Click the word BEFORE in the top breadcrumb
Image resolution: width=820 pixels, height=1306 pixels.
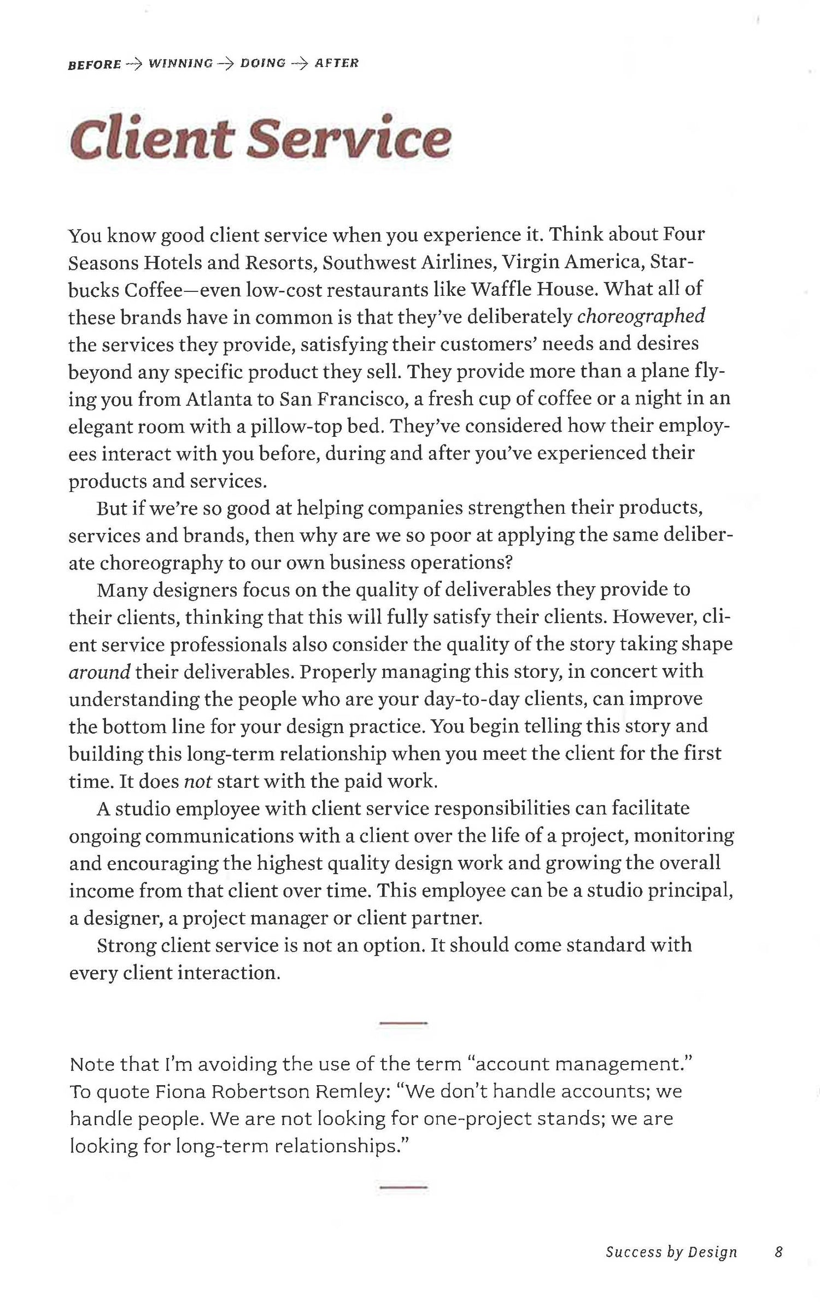(x=94, y=65)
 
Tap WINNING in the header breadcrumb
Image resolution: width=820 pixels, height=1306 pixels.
(x=180, y=63)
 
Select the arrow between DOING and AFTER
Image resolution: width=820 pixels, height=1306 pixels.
(x=300, y=63)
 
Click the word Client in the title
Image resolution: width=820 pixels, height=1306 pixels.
(x=150, y=138)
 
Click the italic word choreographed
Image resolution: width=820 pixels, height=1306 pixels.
(x=641, y=317)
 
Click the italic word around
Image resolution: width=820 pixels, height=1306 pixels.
(x=99, y=672)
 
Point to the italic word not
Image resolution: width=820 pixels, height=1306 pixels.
(x=197, y=781)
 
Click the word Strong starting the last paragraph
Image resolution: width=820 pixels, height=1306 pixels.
(x=126, y=945)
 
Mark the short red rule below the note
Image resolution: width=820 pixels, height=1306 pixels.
(x=403, y=1187)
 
